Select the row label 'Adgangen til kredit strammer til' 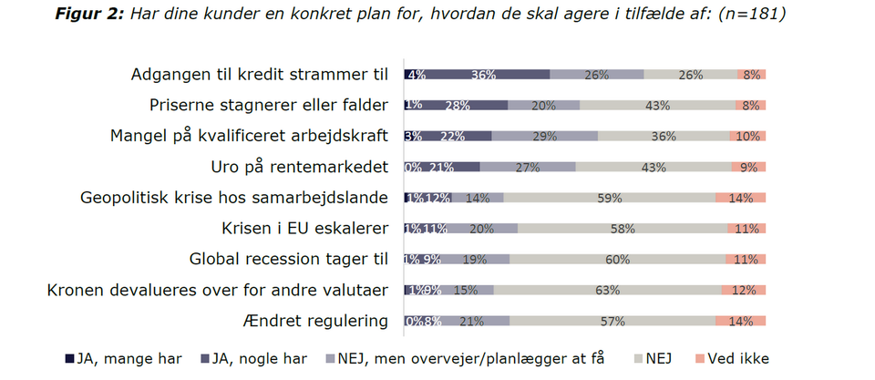point(260,75)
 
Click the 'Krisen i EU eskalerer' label point(305,228)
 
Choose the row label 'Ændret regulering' point(316,320)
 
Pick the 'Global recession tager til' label point(289,259)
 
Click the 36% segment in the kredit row point(483,75)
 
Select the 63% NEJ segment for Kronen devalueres point(607,290)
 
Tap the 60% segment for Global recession point(618,259)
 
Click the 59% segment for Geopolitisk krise point(609,198)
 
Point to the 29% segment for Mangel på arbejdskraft point(545,136)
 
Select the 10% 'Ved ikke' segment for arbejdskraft point(747,136)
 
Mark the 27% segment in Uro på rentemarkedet point(528,167)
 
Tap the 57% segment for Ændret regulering point(612,320)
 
